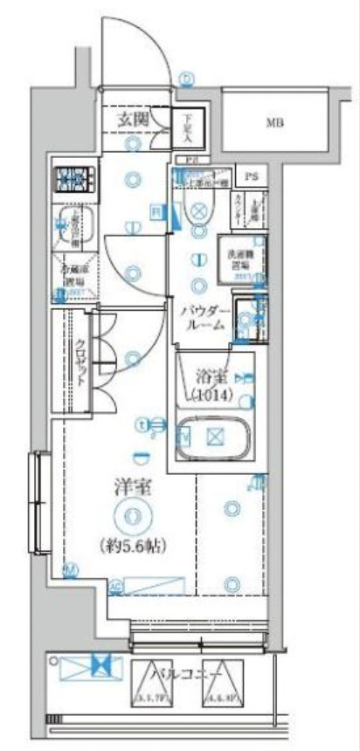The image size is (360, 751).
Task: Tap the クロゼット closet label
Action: [x=80, y=358]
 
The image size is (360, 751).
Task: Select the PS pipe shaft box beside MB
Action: [x=252, y=176]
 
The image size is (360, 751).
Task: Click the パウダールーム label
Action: [x=204, y=316]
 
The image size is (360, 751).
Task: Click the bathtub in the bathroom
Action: [x=214, y=437]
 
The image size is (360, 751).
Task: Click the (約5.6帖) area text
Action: [x=133, y=545]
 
